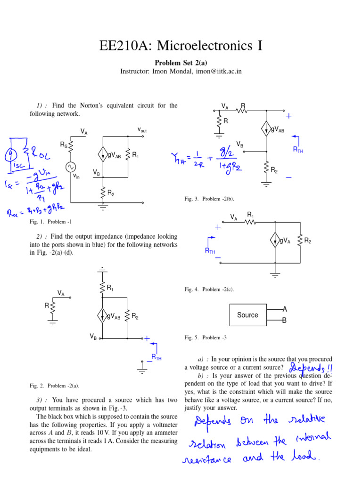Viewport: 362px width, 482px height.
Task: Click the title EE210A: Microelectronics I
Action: pyautogui.click(x=181, y=46)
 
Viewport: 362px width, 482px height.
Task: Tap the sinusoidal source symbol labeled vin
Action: pyautogui.click(x=71, y=167)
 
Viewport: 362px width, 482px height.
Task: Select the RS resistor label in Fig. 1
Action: pyautogui.click(x=63, y=145)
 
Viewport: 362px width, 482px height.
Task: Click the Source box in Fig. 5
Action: pyautogui.click(x=248, y=315)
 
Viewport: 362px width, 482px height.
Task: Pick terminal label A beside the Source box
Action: pyautogui.click(x=284, y=309)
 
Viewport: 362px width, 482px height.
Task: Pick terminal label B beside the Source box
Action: pyautogui.click(x=284, y=321)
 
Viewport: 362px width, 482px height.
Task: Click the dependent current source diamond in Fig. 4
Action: pyautogui.click(x=274, y=241)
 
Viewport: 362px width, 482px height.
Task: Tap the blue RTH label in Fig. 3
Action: pyautogui.click(x=298, y=149)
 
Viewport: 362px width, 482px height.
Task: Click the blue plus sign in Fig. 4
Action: pyautogui.click(x=218, y=227)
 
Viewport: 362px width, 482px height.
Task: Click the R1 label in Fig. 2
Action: pyautogui.click(x=110, y=288)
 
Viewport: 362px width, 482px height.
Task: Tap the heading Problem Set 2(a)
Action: pyautogui.click(x=181, y=62)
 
